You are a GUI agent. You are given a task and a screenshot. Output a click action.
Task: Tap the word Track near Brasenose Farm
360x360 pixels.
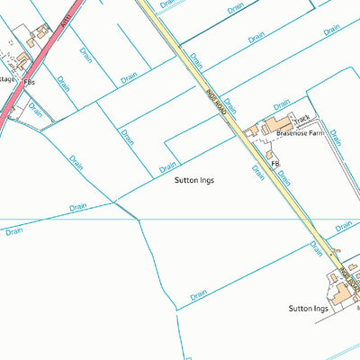(x=301, y=119)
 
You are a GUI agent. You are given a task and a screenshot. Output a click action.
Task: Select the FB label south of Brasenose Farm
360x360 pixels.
(x=275, y=163)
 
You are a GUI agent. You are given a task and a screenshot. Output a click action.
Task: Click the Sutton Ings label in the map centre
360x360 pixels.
(x=194, y=180)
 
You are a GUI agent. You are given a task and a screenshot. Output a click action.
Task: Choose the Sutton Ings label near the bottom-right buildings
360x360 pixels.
(x=309, y=308)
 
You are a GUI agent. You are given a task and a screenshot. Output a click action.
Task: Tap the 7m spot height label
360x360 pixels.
(x=337, y=249)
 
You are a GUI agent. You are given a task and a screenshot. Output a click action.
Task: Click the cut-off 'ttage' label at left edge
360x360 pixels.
(x=7, y=78)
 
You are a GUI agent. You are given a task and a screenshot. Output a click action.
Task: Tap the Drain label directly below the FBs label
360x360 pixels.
(x=35, y=110)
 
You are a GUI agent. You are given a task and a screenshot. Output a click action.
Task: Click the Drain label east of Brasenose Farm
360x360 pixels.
(x=336, y=137)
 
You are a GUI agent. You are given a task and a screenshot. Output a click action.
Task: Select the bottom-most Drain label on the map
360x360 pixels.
(x=198, y=294)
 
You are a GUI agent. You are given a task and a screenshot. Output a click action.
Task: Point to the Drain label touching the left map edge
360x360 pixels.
(x=13, y=231)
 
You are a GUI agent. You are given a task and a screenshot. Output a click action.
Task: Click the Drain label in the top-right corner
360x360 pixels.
(x=332, y=30)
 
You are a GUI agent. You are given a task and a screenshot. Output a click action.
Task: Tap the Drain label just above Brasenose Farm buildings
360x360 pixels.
(x=231, y=106)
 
